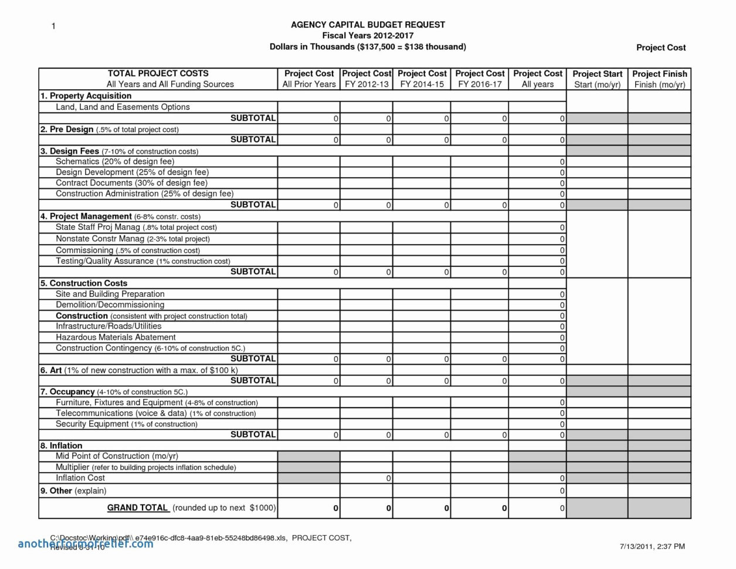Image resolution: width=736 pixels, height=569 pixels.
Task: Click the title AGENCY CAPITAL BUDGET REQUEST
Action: pyautogui.click(x=368, y=25)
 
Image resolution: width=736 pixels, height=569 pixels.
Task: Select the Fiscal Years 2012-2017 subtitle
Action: pyautogui.click(x=368, y=35)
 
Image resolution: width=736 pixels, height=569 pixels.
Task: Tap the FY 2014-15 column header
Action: pyautogui.click(x=422, y=79)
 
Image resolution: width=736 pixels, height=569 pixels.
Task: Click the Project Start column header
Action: pyautogui.click(x=597, y=79)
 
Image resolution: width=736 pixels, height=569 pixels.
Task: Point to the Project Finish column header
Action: pyautogui.click(x=659, y=79)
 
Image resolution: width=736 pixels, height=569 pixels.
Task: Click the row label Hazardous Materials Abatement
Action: pyautogui.click(x=116, y=337)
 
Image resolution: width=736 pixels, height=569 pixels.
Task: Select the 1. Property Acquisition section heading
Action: pyautogui.click(x=86, y=96)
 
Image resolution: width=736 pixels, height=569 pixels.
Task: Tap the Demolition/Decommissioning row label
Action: pyautogui.click(x=110, y=304)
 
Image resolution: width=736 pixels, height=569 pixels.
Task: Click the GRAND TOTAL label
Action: pyautogui.click(x=137, y=507)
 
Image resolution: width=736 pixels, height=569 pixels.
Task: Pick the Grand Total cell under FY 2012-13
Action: pyautogui.click(x=367, y=508)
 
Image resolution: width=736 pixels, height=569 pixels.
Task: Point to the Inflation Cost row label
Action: pyautogui.click(x=80, y=478)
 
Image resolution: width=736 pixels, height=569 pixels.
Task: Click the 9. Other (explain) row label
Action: pyautogui.click(x=73, y=490)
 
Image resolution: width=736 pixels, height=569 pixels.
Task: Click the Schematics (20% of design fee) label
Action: pyautogui.click(x=115, y=161)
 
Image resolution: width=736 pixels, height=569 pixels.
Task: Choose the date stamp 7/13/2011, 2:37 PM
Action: pyautogui.click(x=652, y=546)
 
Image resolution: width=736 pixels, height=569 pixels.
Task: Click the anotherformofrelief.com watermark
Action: pyautogui.click(x=86, y=544)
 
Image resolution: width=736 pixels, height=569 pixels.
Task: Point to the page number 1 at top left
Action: pyautogui.click(x=53, y=26)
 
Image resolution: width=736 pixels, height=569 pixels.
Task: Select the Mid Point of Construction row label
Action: pyautogui.click(x=117, y=456)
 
